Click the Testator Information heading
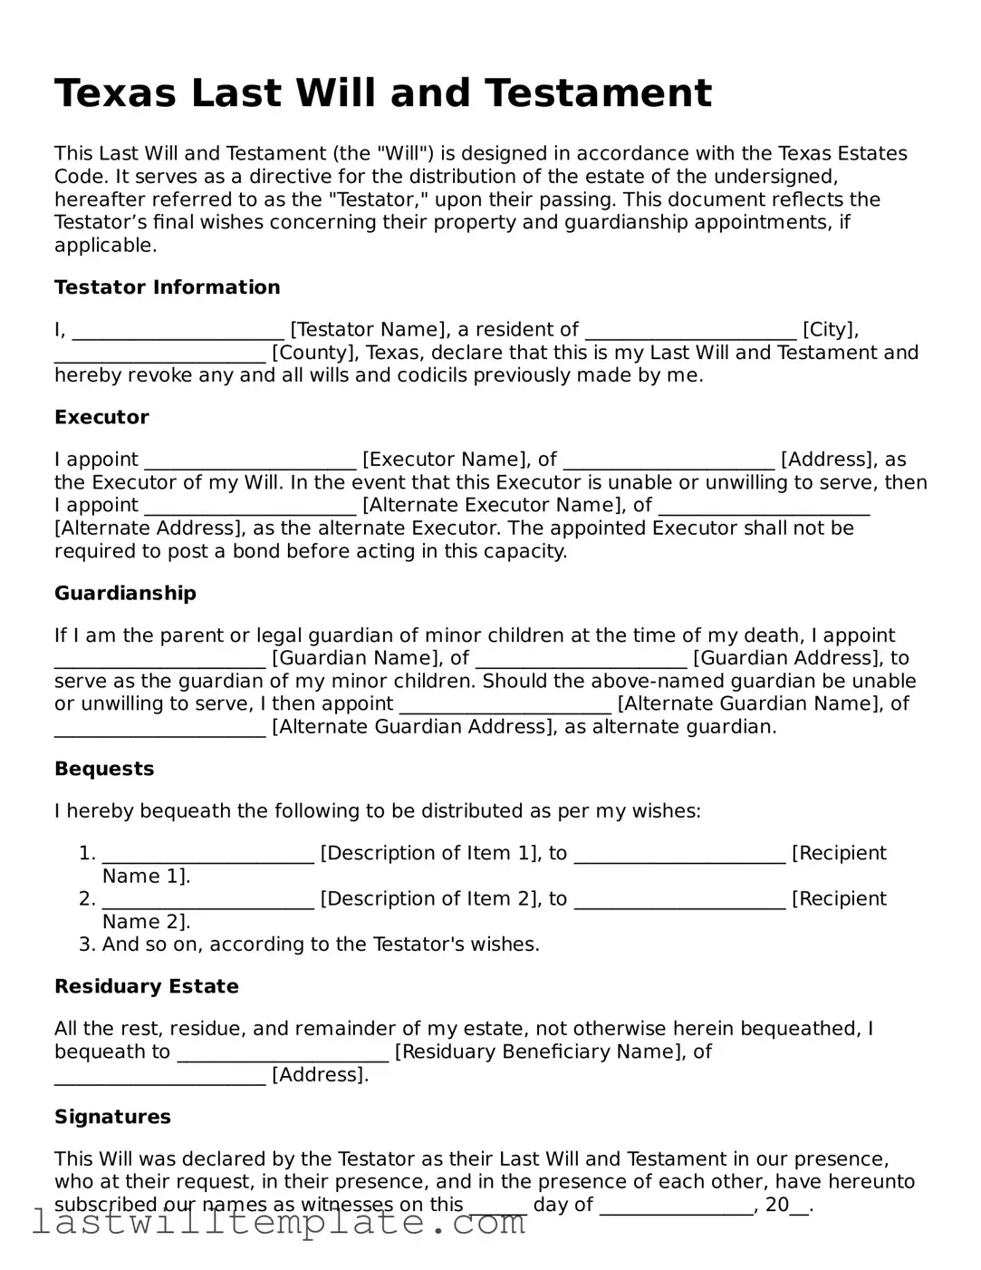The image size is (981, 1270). click(167, 287)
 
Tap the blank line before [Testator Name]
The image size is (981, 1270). click(178, 330)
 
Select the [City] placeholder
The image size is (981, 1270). click(830, 330)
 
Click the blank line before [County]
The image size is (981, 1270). click(159, 353)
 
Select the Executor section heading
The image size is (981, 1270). click(101, 417)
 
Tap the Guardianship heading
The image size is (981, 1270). click(125, 593)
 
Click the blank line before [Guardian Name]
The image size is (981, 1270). click(159, 658)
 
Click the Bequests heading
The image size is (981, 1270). click(104, 769)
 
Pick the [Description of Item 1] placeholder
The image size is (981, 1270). click(430, 853)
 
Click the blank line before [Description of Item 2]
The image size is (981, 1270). click(207, 899)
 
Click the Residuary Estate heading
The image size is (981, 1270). click(146, 986)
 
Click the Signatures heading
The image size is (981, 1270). click(112, 1117)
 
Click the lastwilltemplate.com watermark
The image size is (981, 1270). click(279, 1223)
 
